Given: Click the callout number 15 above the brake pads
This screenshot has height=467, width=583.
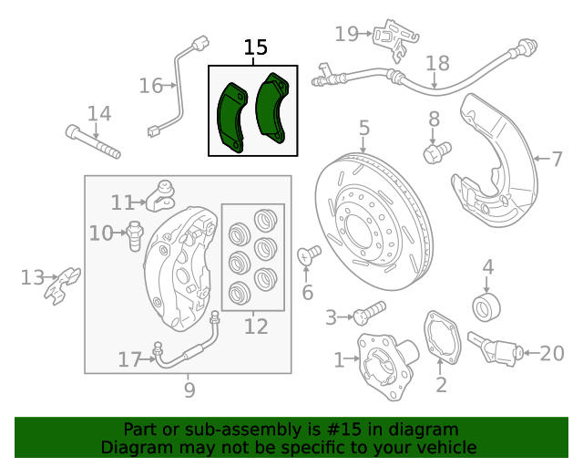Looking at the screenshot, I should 256,47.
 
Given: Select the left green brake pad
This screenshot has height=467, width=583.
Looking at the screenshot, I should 232,117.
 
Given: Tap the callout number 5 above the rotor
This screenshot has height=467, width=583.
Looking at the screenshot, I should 363,128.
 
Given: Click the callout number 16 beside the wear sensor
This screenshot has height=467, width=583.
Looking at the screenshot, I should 150,86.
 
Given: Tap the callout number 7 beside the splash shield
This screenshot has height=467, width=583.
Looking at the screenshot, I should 557,159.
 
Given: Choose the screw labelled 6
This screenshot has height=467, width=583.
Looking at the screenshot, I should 310,254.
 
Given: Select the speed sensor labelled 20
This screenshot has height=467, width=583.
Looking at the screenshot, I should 496,348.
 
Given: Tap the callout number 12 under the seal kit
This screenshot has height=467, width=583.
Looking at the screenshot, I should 256,326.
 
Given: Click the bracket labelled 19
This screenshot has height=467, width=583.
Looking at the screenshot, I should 393,36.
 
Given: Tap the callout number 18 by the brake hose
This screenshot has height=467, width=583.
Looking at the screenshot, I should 438,63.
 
